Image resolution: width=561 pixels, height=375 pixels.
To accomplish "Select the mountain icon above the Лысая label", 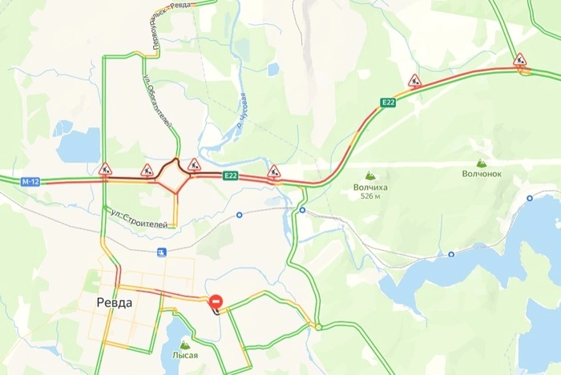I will [185, 343].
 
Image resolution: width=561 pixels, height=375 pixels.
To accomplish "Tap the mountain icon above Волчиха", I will [370, 175].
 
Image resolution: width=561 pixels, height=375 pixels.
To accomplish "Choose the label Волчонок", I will [481, 173].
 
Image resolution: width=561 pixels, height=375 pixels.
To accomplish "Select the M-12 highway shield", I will [30, 182].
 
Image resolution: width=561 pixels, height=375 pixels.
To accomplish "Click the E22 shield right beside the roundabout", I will [231, 176].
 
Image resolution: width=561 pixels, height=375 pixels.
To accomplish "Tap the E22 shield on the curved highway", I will [388, 103].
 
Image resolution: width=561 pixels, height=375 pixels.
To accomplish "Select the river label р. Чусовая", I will [243, 111].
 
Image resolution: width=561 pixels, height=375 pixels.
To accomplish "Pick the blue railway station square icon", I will [162, 252].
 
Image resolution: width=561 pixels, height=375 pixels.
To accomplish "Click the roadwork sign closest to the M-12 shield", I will [105, 169].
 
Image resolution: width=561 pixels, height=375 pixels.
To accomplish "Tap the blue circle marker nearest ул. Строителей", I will [239, 215].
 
